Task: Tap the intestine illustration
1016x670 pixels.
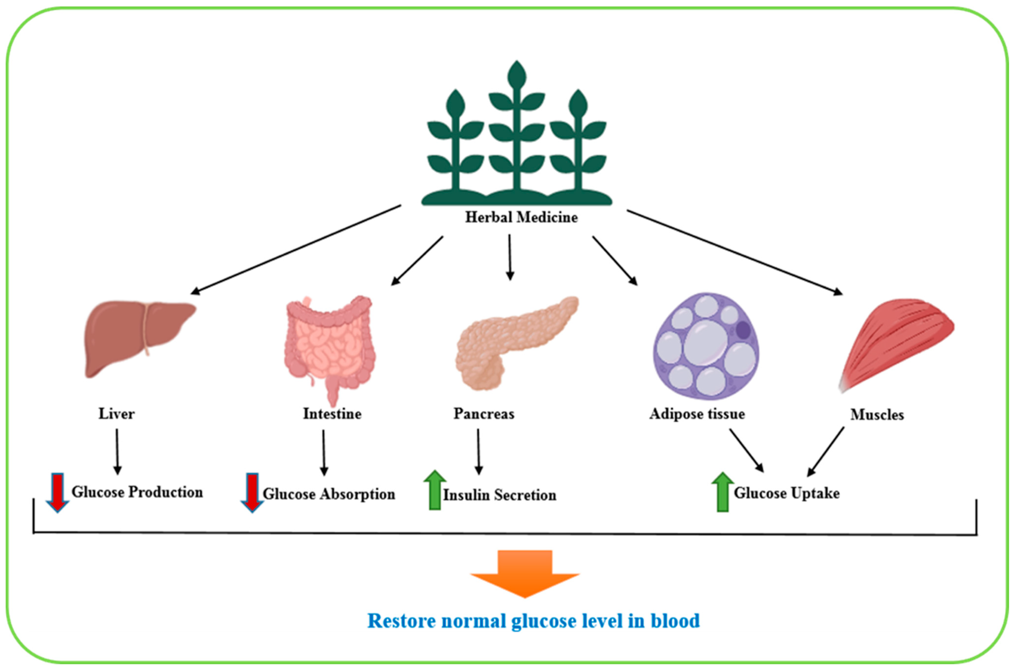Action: [x=329, y=346]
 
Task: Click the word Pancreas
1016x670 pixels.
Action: [x=483, y=414]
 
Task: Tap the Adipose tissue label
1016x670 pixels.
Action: [x=697, y=414]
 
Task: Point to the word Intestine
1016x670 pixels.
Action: [x=332, y=414]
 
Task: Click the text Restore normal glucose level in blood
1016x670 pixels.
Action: [x=533, y=621]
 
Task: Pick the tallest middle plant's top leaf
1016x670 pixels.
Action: [x=517, y=75]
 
